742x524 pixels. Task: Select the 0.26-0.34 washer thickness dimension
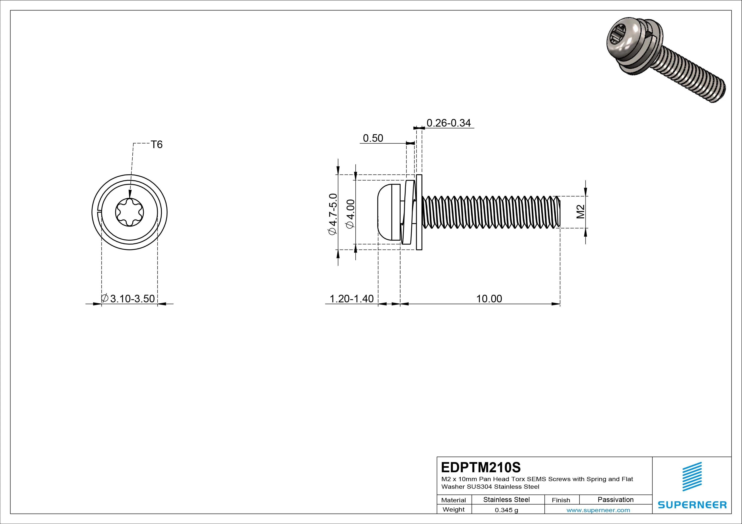(x=449, y=123)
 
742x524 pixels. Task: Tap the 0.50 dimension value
(x=373, y=138)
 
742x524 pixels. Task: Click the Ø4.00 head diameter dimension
(x=350, y=214)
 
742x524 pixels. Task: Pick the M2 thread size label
(x=581, y=212)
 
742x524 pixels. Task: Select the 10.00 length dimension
(x=489, y=299)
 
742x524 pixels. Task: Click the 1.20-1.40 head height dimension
(x=351, y=299)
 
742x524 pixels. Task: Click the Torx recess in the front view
(x=130, y=212)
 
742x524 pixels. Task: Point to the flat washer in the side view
(x=419, y=212)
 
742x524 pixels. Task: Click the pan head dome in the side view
(x=385, y=212)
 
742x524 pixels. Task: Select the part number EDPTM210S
(x=481, y=467)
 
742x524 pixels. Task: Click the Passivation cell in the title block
(x=615, y=499)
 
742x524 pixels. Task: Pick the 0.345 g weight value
(x=506, y=510)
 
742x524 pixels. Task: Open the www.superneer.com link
(x=598, y=510)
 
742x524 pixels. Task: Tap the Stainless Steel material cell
(x=506, y=499)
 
